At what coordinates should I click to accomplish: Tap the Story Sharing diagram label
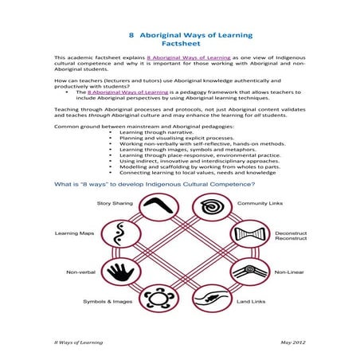point(115,203)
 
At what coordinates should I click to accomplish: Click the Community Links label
point(256,203)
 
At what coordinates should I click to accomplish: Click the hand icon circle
point(120,272)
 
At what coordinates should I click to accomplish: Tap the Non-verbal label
point(80,272)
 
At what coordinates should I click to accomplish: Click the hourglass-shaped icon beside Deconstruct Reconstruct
point(248,237)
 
